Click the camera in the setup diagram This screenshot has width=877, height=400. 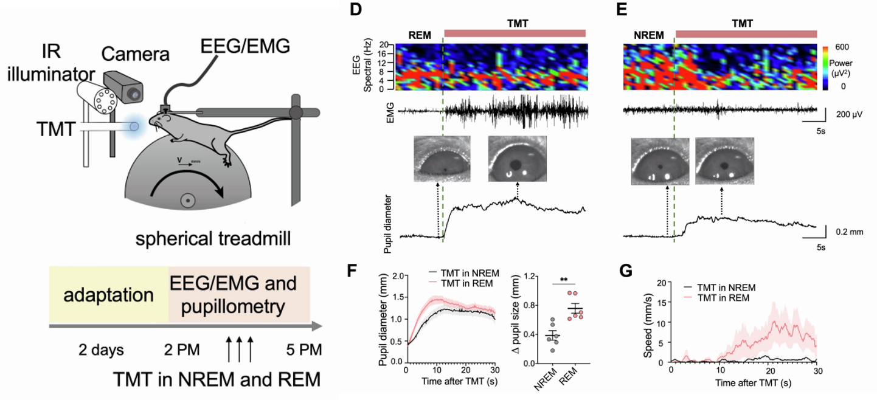tap(123, 88)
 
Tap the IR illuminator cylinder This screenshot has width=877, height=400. tap(97, 97)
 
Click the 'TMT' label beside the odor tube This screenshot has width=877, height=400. tap(56, 129)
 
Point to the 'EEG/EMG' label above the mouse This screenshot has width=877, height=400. tap(245, 46)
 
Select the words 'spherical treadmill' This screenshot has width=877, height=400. tap(213, 238)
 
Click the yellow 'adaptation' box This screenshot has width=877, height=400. tap(109, 294)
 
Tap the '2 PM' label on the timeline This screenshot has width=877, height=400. tap(182, 350)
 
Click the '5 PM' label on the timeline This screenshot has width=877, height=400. tap(304, 350)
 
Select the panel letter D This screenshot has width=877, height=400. tap(356, 9)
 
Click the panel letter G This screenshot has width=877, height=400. tap(626, 271)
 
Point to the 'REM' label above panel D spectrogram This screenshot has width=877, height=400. tap(419, 36)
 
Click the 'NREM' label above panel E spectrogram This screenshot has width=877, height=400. tap(649, 36)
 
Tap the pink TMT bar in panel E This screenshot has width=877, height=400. tap(746, 34)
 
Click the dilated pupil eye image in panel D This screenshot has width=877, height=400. tap(517, 159)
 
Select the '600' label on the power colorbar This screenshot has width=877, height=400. tap(842, 47)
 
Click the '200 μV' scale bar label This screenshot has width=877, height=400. tap(849, 114)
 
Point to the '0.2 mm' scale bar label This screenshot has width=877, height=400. tap(850, 232)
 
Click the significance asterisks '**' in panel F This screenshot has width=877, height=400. tap(564, 280)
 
